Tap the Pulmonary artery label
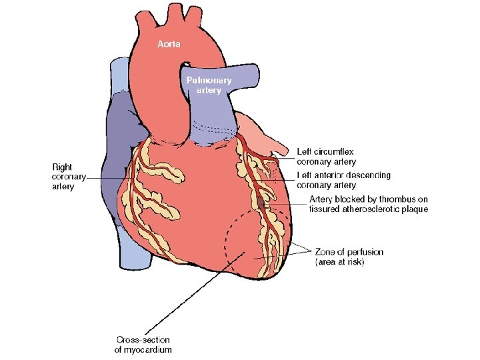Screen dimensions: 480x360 (209, 85)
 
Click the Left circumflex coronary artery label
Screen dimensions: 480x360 (326, 157)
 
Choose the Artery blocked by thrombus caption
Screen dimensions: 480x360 (369, 204)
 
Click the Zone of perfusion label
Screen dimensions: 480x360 (349, 252)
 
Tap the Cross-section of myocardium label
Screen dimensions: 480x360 (143, 344)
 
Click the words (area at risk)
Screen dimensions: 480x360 (340, 262)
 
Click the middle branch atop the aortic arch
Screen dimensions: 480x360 (176, 13)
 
